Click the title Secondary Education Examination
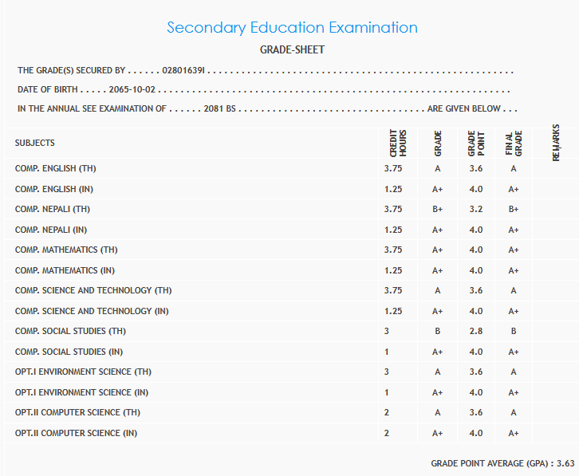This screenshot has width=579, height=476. pyautogui.click(x=292, y=28)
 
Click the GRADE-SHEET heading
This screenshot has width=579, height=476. pyautogui.click(x=292, y=50)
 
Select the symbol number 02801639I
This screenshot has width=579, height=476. pyautogui.click(x=184, y=71)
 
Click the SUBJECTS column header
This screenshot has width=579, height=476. pyautogui.click(x=35, y=143)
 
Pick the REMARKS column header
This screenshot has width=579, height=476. pyautogui.click(x=556, y=143)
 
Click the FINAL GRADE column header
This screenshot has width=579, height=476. pyautogui.click(x=514, y=144)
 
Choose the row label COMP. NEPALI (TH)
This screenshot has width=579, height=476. pyautogui.click(x=53, y=210)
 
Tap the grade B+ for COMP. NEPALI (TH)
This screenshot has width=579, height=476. pyautogui.click(x=438, y=210)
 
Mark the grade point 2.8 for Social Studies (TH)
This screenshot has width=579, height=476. pyautogui.click(x=476, y=331)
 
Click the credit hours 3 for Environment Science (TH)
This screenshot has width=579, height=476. pyautogui.click(x=387, y=372)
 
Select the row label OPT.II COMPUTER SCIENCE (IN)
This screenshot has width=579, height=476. pyautogui.click(x=76, y=433)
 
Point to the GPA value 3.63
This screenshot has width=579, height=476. pyautogui.click(x=566, y=463)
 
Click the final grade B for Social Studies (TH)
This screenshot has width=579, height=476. pyautogui.click(x=514, y=331)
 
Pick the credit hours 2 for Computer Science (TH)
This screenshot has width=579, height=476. pyautogui.click(x=387, y=412)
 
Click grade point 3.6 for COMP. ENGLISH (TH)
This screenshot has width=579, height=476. pyautogui.click(x=476, y=169)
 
